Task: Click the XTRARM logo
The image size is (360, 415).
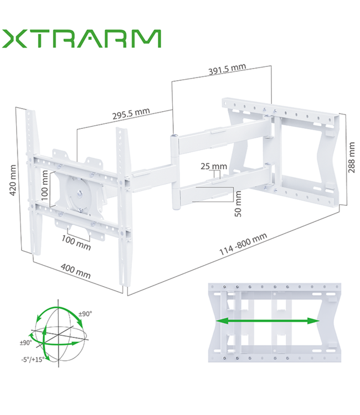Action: pyautogui.click(x=81, y=39)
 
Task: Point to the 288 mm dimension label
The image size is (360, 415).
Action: pyautogui.click(x=351, y=157)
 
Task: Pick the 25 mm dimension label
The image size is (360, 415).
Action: pyautogui.click(x=213, y=166)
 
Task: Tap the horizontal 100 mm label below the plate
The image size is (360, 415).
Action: pyautogui.click(x=76, y=242)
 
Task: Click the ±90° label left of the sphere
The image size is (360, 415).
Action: pyautogui.click(x=26, y=343)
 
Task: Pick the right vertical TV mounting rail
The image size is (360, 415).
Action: pyautogui.click(x=121, y=205)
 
